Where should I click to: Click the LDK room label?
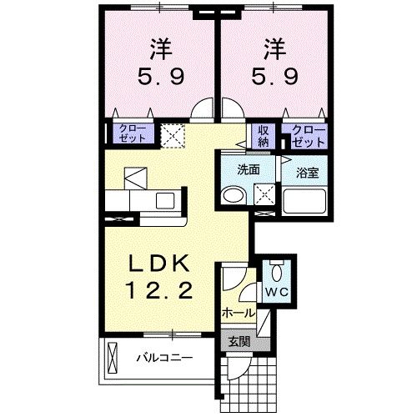(163, 264)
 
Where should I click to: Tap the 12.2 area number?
(163, 292)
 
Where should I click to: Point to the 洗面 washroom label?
(248, 169)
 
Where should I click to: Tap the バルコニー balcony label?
(164, 359)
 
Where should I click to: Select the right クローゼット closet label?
(307, 135)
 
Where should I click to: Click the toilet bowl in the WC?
(277, 270)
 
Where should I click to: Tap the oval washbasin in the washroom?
(232, 195)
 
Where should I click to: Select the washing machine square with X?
(265, 195)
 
